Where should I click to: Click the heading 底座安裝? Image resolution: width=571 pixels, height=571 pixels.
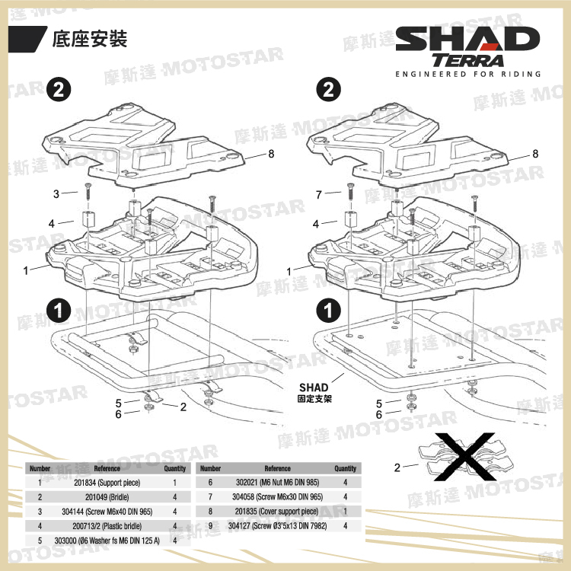89,38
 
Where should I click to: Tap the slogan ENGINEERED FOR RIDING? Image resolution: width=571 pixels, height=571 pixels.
468,75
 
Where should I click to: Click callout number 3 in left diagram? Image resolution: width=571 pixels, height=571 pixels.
56,194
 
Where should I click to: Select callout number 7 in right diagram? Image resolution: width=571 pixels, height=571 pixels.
320,194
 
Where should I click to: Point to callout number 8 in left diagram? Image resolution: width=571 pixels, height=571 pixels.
272,154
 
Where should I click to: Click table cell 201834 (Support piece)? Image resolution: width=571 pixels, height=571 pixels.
107,483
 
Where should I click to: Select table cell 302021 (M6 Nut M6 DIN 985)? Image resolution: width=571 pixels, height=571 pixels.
277,483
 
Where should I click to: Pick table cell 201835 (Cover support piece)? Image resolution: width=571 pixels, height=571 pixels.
277,512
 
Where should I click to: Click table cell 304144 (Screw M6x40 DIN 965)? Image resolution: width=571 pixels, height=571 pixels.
107,512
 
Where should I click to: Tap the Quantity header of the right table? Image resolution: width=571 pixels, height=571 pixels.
345,469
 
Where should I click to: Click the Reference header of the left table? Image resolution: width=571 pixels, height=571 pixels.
107,469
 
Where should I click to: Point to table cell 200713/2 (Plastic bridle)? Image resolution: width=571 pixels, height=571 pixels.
107,526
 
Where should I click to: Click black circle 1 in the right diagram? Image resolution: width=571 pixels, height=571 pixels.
328,311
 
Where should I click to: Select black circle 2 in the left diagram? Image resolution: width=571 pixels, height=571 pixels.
58,90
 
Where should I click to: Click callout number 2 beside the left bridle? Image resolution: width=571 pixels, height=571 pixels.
183,407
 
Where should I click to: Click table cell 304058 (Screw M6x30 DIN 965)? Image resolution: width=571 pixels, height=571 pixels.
277,497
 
